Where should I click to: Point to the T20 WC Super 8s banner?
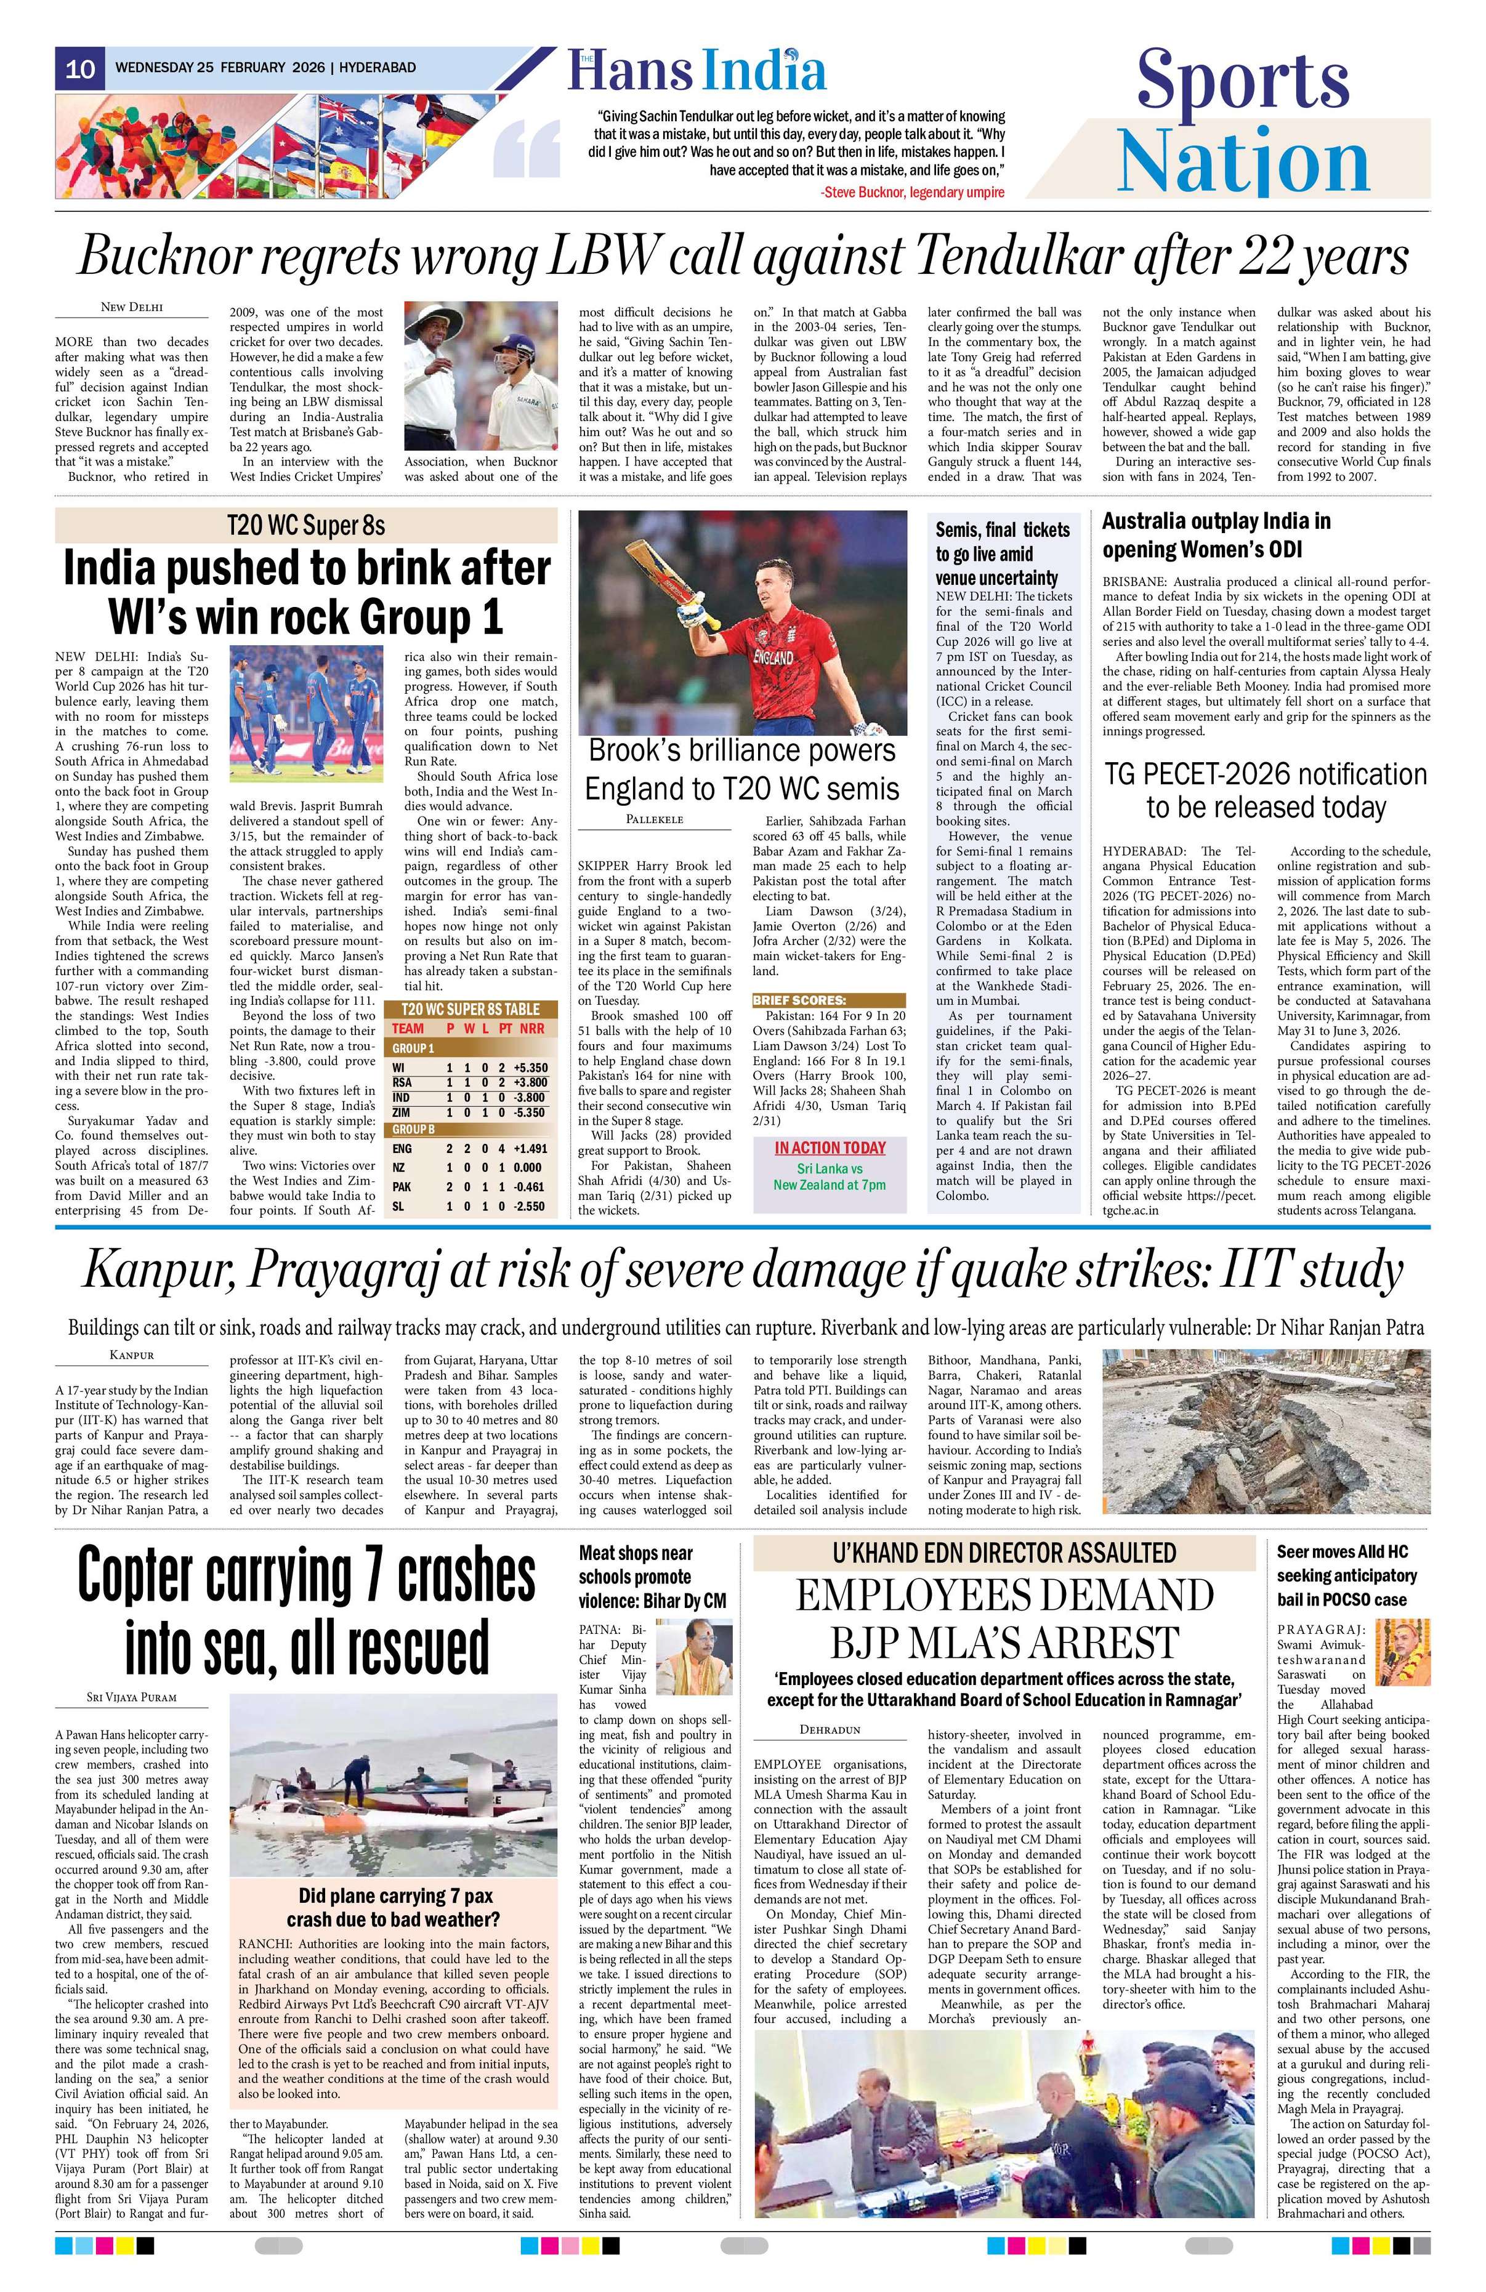coord(306,526)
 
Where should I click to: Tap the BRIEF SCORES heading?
coord(799,1000)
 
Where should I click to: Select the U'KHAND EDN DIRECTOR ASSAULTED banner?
coord(1004,1553)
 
